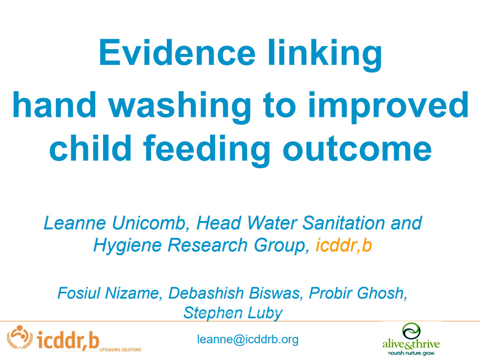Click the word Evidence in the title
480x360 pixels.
(x=177, y=52)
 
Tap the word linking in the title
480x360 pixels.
(x=325, y=55)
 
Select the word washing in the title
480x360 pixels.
(x=180, y=107)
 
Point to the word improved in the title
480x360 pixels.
(x=388, y=107)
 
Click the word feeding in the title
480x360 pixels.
(x=207, y=151)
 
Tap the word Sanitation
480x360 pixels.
(x=344, y=223)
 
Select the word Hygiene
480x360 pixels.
(x=127, y=246)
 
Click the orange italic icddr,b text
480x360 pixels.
(x=344, y=246)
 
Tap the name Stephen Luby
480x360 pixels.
(x=233, y=313)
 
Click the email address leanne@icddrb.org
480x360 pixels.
(x=248, y=339)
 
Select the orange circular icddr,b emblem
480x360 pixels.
(x=20, y=337)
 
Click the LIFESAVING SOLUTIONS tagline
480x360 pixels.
(x=120, y=350)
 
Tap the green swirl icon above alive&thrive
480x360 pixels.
(x=411, y=331)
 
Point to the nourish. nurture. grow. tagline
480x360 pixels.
(x=411, y=353)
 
